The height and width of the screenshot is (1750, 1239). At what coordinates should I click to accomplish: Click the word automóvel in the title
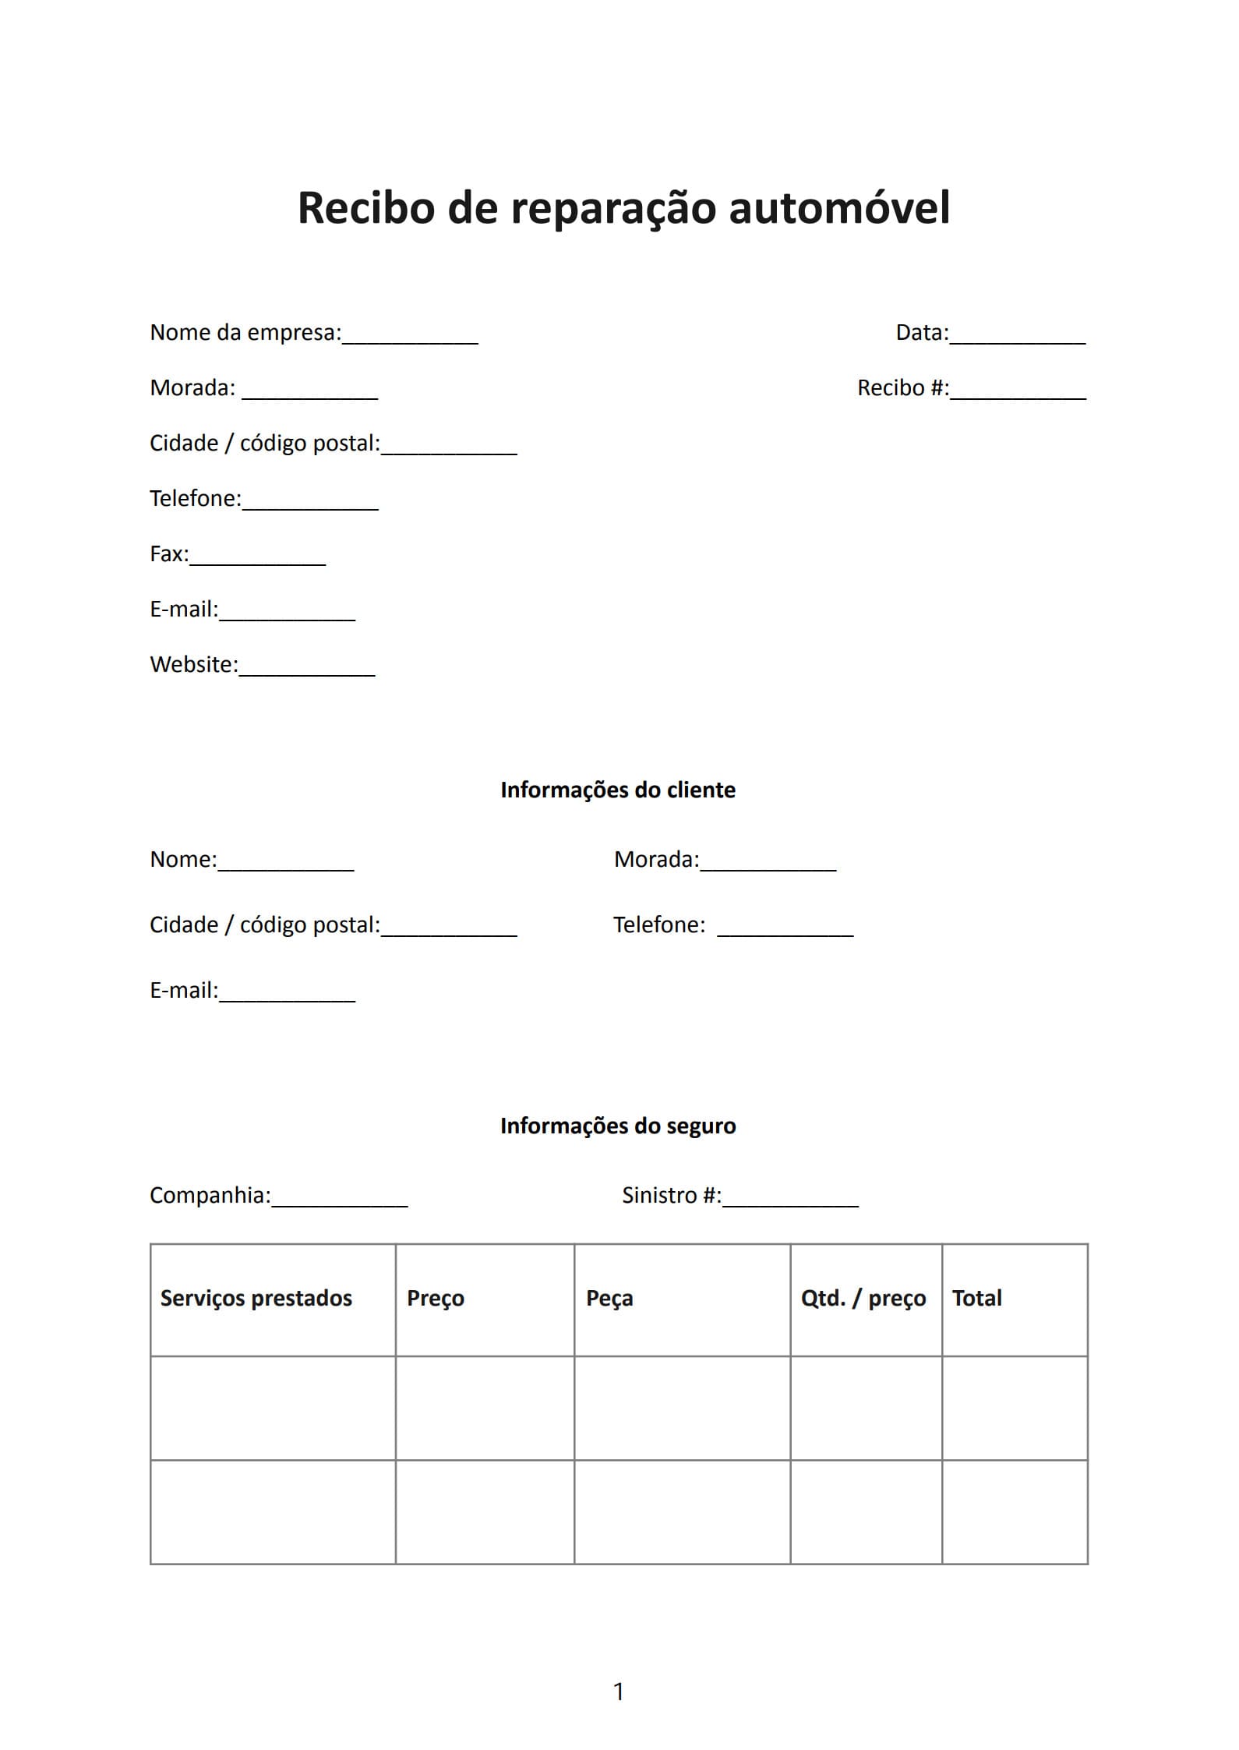coord(839,208)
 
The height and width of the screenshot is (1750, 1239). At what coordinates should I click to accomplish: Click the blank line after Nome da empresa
coord(410,337)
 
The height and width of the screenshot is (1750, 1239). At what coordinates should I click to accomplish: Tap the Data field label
coord(922,333)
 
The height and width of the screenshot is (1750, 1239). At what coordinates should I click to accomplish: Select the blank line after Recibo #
coord(1018,392)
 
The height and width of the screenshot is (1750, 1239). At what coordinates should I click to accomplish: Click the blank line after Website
coord(307,669)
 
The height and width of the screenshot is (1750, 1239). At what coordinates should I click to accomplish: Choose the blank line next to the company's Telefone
coord(310,503)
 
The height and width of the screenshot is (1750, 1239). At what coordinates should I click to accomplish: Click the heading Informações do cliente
coord(618,790)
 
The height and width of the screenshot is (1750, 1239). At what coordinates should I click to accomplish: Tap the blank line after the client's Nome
coord(286,864)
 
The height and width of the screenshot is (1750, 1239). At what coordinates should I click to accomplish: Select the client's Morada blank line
coord(768,864)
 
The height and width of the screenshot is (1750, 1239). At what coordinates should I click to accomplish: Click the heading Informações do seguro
coord(618,1126)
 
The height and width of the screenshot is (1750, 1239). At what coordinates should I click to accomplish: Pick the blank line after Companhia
coord(340,1200)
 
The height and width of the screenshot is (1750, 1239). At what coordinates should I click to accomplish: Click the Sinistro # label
coord(671,1195)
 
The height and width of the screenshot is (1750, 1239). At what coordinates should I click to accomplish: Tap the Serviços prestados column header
coord(256,1298)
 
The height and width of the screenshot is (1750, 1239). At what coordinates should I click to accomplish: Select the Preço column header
coord(436,1298)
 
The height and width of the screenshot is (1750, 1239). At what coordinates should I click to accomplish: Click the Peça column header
coord(609,1298)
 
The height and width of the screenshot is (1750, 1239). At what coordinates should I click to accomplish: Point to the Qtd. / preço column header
coord(863,1298)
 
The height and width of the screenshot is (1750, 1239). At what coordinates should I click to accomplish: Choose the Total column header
coord(977,1298)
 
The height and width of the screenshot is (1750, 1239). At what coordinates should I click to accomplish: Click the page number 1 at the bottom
coord(619,1692)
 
